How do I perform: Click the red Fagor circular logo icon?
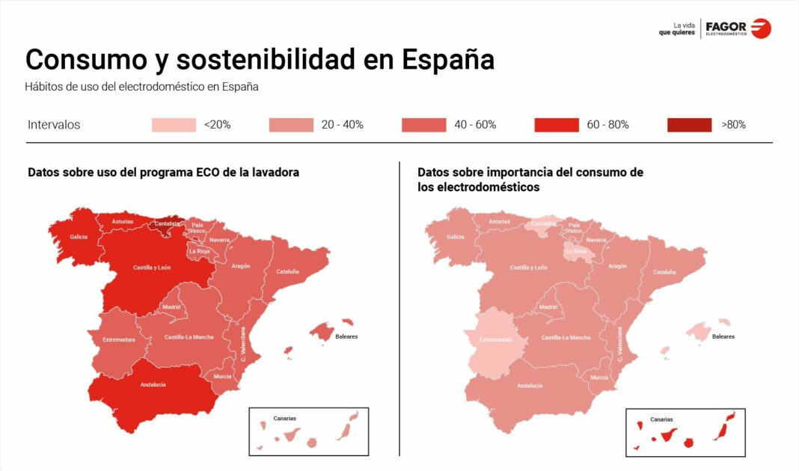click(761, 28)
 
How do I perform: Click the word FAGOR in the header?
click(726, 26)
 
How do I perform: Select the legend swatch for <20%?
click(174, 125)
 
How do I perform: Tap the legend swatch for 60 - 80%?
click(556, 125)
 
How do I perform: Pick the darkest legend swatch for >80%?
click(689, 125)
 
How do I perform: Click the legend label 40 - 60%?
click(475, 125)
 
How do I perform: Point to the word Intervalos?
click(54, 125)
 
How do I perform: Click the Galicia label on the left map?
click(79, 237)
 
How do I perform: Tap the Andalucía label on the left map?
click(153, 385)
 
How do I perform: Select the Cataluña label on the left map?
click(287, 271)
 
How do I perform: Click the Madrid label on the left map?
click(172, 307)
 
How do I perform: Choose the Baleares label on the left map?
click(346, 336)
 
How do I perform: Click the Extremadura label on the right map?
click(495, 339)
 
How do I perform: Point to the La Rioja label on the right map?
click(576, 251)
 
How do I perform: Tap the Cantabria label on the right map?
click(544, 223)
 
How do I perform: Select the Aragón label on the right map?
click(617, 266)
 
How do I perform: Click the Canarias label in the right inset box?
click(661, 419)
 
